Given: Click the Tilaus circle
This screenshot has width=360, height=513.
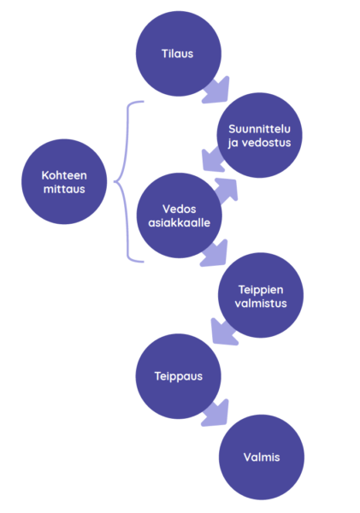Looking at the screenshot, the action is [x=179, y=54].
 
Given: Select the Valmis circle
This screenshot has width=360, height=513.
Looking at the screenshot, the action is [x=262, y=457].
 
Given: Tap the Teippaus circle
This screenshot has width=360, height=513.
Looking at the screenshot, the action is [x=179, y=376].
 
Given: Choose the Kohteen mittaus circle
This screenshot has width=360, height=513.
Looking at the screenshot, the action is [x=64, y=181].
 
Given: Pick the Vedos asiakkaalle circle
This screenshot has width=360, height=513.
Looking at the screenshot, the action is [x=179, y=215].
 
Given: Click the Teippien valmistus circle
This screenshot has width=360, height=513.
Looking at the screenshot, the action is [x=261, y=295].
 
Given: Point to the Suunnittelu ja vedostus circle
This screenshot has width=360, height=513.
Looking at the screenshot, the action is [x=260, y=135].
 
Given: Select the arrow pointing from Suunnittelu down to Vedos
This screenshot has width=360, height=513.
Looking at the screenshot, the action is [x=214, y=160].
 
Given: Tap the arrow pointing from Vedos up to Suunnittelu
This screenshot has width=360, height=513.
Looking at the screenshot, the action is [x=227, y=191].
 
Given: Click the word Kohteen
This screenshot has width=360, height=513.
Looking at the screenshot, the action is [x=64, y=175].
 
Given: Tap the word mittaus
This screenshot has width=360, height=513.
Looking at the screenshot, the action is [x=64, y=189].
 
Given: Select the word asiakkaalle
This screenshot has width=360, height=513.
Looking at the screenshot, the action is [x=179, y=223].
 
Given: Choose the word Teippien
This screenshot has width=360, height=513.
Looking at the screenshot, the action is [x=261, y=290].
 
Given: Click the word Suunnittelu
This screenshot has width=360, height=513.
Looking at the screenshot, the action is [x=260, y=129].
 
